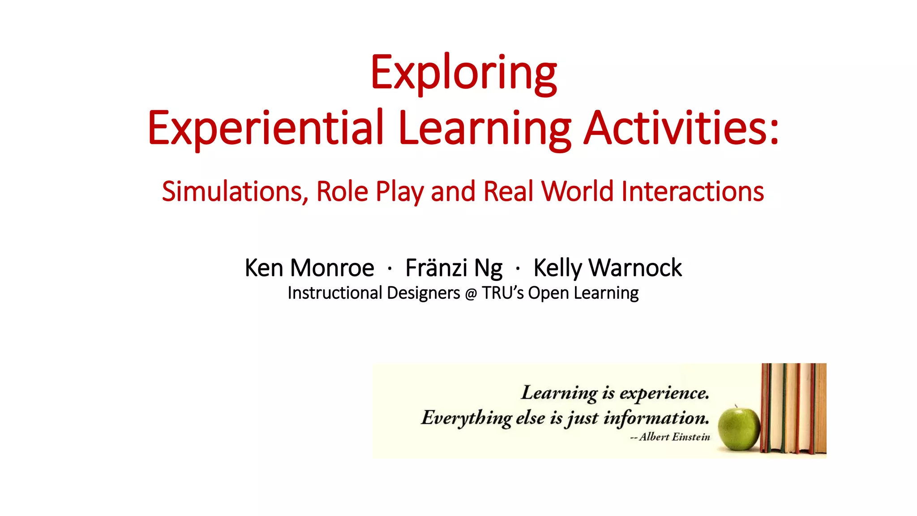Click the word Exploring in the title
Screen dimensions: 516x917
[463, 73]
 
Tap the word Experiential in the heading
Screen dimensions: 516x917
[266, 128]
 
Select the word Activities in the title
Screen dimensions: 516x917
[676, 128]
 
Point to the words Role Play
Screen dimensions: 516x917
[370, 191]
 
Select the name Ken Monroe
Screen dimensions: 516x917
[309, 268]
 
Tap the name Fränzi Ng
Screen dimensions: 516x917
[454, 268]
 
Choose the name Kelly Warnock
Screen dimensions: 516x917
[608, 268]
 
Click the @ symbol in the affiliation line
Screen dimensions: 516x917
[471, 294]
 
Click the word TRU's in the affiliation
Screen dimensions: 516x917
[502, 293]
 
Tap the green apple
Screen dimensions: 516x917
[739, 429]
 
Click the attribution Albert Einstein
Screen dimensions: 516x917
[674, 437]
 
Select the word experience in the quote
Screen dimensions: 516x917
[664, 393]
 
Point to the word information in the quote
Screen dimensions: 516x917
[656, 418]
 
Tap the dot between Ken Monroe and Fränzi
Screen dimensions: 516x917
[390, 269]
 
